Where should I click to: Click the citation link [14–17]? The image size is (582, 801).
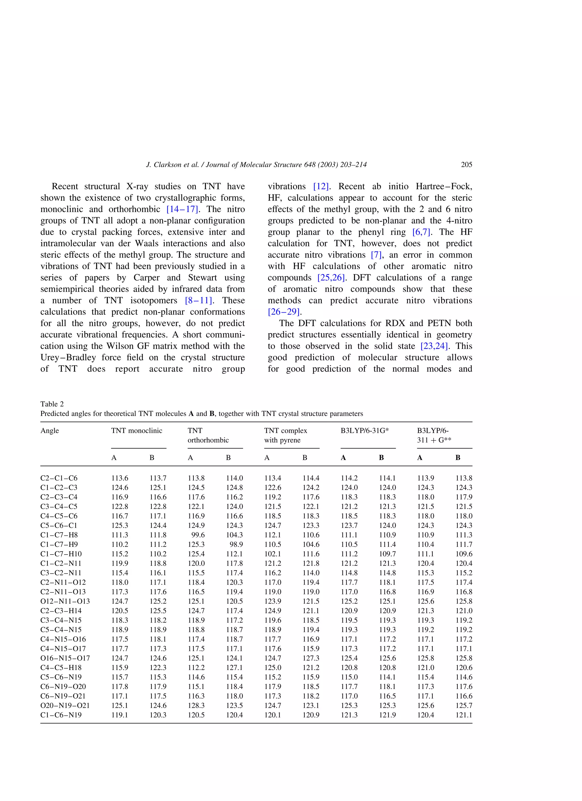(182, 209)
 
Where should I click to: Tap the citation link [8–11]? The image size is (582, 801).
(198, 300)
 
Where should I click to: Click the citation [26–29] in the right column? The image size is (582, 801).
(284, 312)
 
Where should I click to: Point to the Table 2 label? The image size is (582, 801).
(52, 404)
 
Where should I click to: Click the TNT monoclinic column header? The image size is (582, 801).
(137, 431)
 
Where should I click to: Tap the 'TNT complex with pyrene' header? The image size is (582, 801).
(285, 435)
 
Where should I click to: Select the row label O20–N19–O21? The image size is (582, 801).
(65, 705)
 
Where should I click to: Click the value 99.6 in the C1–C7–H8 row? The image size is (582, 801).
(198, 535)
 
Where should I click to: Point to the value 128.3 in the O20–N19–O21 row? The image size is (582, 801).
(196, 705)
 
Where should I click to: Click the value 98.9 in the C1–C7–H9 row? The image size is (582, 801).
(236, 544)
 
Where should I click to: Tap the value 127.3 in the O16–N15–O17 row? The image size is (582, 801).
(311, 658)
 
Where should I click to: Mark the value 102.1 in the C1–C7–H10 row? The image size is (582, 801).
(273, 554)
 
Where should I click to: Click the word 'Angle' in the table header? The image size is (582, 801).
(49, 431)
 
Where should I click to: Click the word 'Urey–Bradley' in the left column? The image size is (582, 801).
(68, 357)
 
